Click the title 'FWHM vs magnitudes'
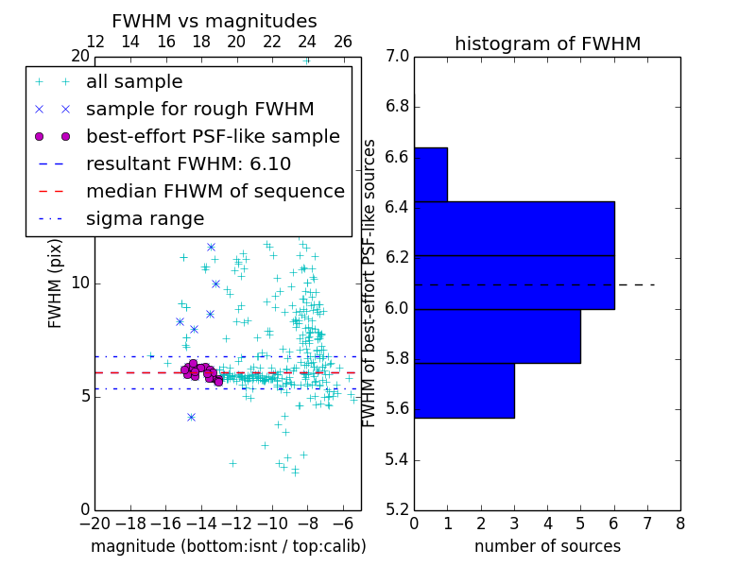pos(215,21)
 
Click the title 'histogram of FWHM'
pos(547,43)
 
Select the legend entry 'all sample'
pos(134,82)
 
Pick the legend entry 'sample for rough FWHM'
pos(199,109)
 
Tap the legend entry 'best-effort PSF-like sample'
pos(213,136)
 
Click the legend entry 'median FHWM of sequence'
pos(215,191)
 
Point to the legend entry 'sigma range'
pos(145,218)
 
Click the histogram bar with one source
pos(431,175)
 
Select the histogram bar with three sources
pos(464,390)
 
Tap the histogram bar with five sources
pos(497,336)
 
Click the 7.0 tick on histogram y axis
pos(397,57)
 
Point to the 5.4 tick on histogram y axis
pos(397,460)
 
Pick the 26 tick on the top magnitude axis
pos(343,42)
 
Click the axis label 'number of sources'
pos(547,546)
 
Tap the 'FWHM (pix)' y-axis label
pos(56,283)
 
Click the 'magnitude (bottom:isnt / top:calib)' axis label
pos(228,546)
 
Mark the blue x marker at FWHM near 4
pos(191,417)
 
